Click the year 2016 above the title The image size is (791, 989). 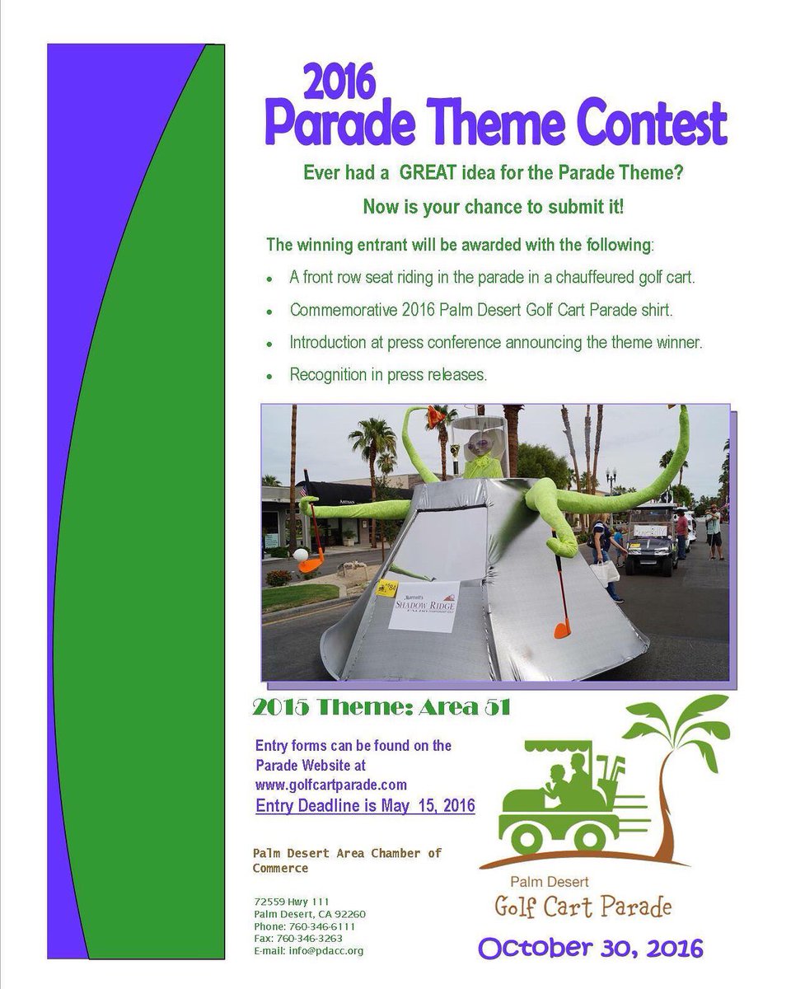(339, 83)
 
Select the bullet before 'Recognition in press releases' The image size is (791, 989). (269, 376)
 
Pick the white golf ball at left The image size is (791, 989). (301, 554)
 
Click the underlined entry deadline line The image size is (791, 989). (366, 805)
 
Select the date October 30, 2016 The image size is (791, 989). (591, 949)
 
